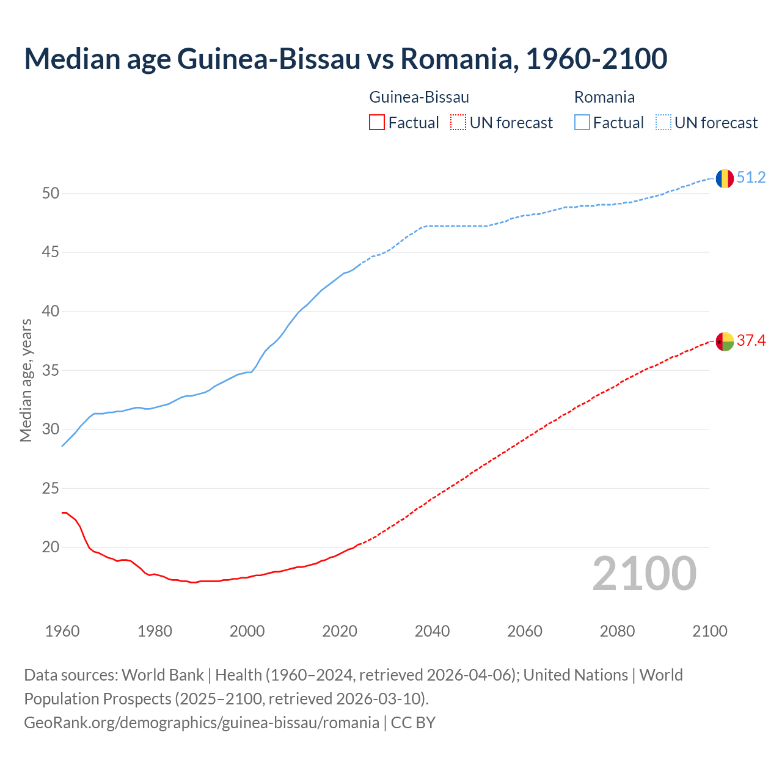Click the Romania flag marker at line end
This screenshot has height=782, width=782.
pyautogui.click(x=725, y=178)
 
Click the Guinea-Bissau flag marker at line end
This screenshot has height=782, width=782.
pyautogui.click(x=725, y=342)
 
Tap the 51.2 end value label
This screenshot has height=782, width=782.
pyautogui.click(x=751, y=178)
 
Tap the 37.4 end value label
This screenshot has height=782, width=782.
pyautogui.click(x=751, y=341)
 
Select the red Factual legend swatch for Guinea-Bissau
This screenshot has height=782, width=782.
pyautogui.click(x=377, y=123)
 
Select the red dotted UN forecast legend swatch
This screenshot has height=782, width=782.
pyautogui.click(x=458, y=123)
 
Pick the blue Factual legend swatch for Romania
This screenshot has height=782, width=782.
pyautogui.click(x=582, y=123)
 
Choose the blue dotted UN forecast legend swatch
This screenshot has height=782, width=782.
pyautogui.click(x=663, y=123)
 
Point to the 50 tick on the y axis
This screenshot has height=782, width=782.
pyautogui.click(x=51, y=194)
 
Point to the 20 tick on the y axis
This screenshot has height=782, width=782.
pyautogui.click(x=51, y=547)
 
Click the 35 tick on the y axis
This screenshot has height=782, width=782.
pyautogui.click(x=51, y=371)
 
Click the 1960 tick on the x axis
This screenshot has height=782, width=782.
pyautogui.click(x=62, y=631)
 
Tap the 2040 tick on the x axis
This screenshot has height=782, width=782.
pyautogui.click(x=432, y=631)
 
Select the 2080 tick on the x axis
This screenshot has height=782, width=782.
pyautogui.click(x=617, y=631)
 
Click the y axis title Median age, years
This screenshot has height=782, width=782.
pyautogui.click(x=26, y=380)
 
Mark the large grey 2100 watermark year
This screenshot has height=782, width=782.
pyautogui.click(x=644, y=573)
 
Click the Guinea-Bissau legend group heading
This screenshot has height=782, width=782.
pyautogui.click(x=419, y=97)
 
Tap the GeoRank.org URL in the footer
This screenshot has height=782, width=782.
pyautogui.click(x=202, y=723)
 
